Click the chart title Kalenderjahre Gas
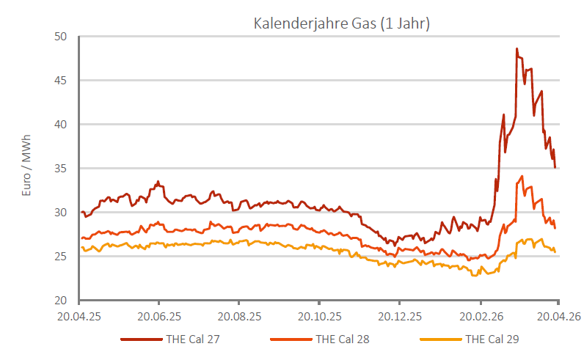(x=341, y=23)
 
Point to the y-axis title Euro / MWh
(x=27, y=170)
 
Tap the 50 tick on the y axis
(x=61, y=37)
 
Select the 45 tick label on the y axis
(x=61, y=81)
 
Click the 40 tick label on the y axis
(x=61, y=125)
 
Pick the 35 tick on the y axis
(x=61, y=169)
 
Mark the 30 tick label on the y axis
(x=61, y=213)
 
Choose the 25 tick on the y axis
(x=61, y=257)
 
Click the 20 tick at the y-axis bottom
(x=61, y=301)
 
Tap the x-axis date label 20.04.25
(x=79, y=317)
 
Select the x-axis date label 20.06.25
(x=158, y=317)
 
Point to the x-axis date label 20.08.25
(x=239, y=317)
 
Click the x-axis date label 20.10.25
(x=319, y=317)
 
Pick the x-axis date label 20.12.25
(x=400, y=317)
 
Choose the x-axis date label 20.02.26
(x=480, y=317)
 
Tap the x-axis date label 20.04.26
(x=558, y=317)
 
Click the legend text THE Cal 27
(x=193, y=339)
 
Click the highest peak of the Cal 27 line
(x=517, y=49)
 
